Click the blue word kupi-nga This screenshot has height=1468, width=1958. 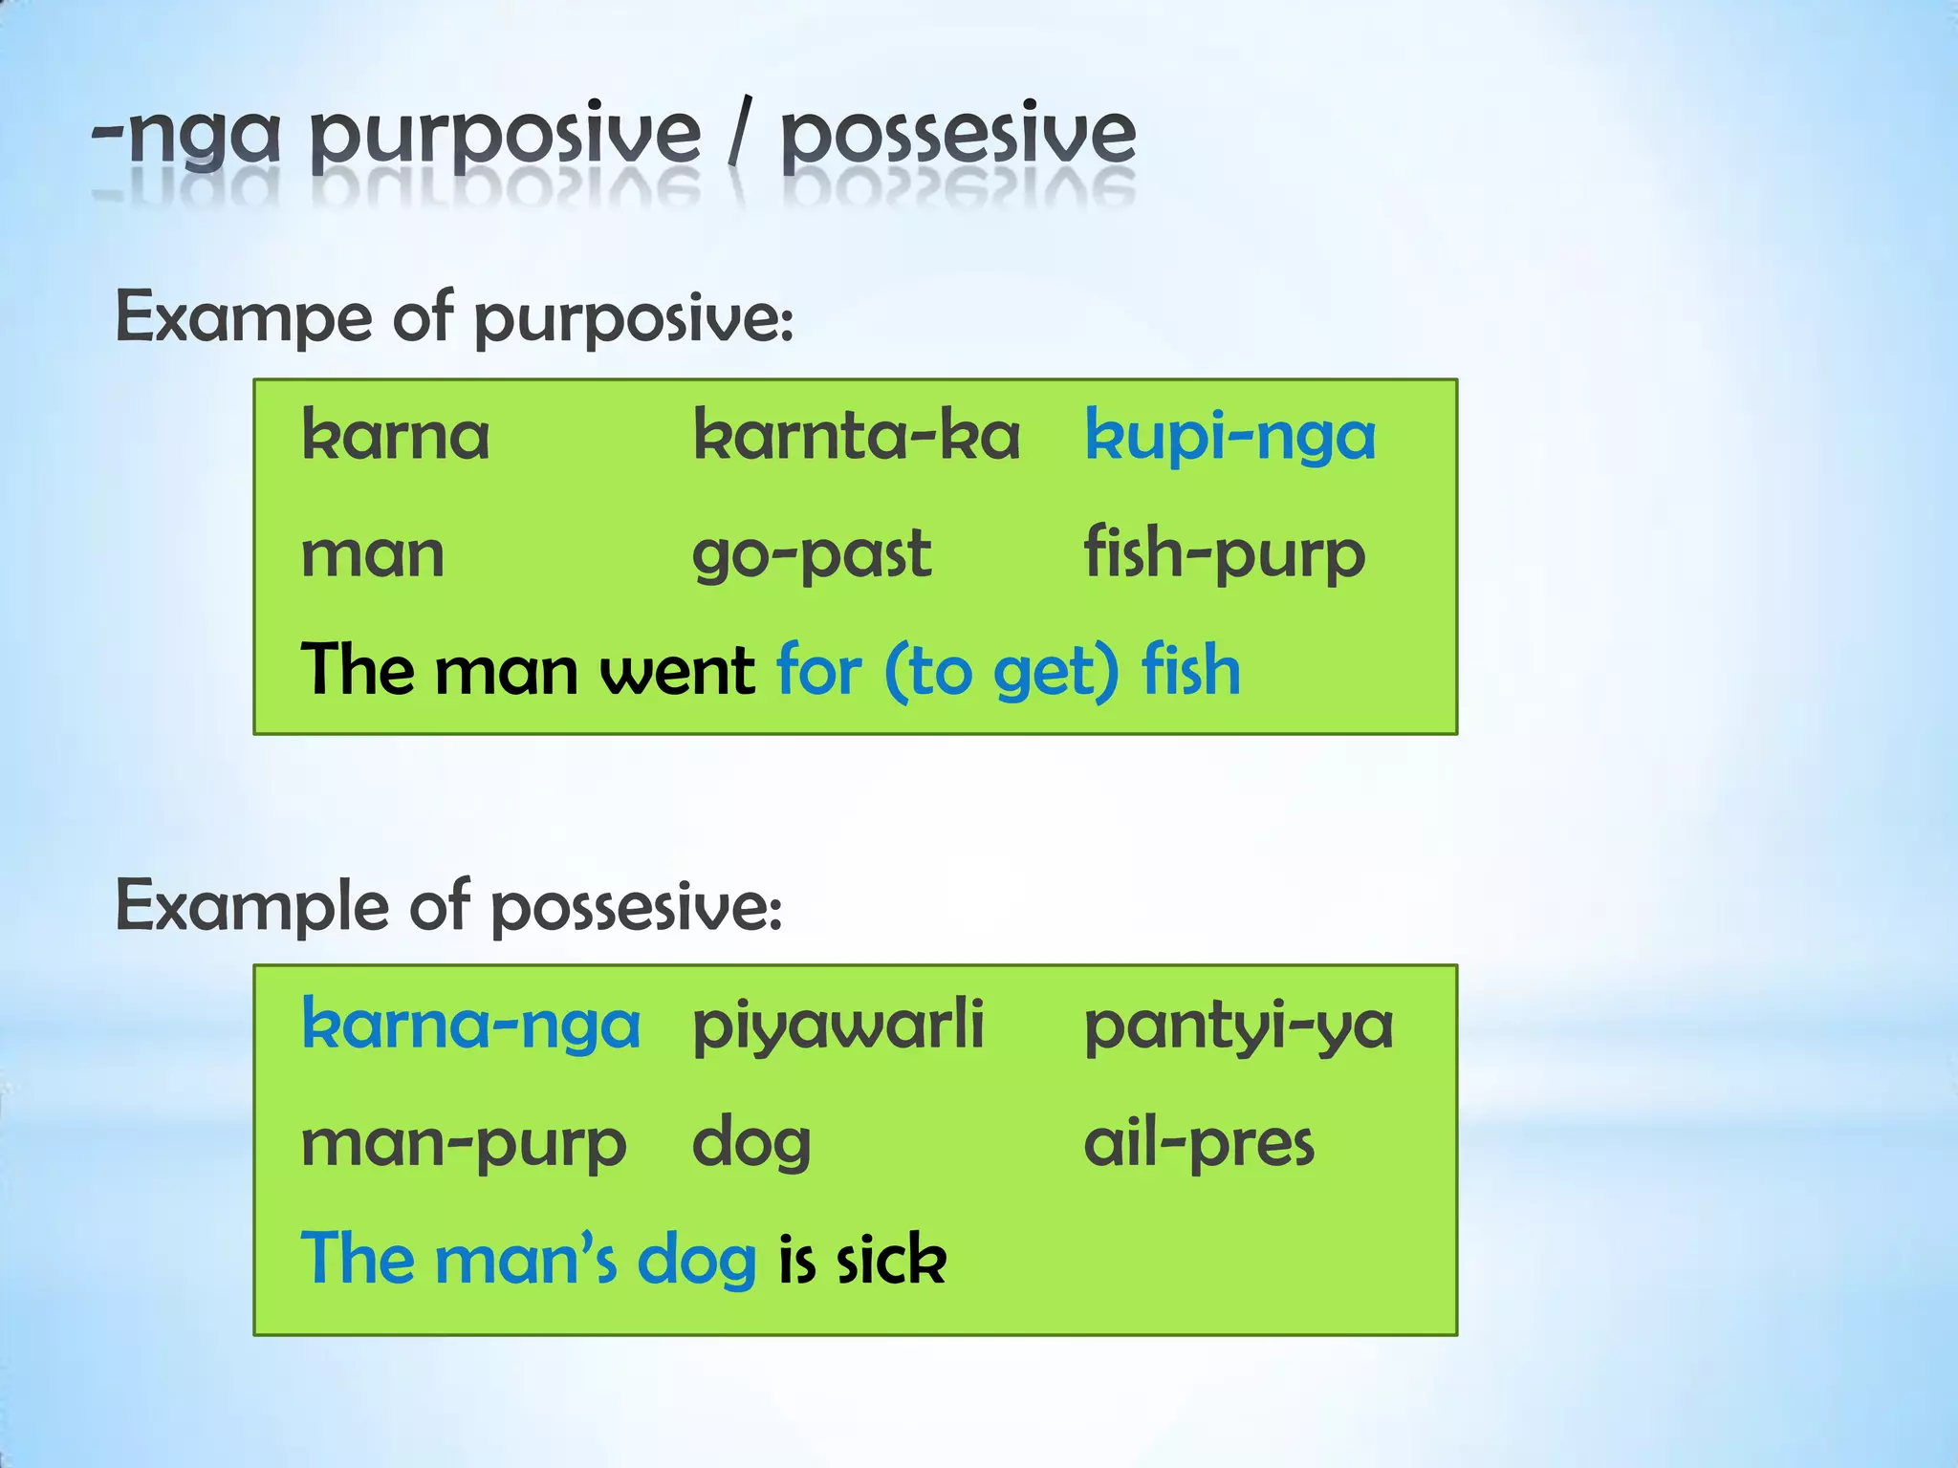click(1229, 438)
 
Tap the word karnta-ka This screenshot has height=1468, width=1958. click(857, 436)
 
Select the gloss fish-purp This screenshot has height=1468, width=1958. click(1224, 554)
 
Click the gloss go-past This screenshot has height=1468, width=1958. click(811, 554)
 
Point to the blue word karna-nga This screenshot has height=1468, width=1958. click(470, 1025)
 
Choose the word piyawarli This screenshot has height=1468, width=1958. click(838, 1025)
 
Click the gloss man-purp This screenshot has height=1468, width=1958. click(464, 1144)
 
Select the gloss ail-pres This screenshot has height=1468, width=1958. click(1199, 1142)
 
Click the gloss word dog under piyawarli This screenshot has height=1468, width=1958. click(751, 1144)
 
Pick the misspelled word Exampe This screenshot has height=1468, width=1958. click(243, 318)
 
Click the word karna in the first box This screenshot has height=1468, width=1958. click(395, 436)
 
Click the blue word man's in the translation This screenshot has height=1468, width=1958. click(526, 1260)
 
